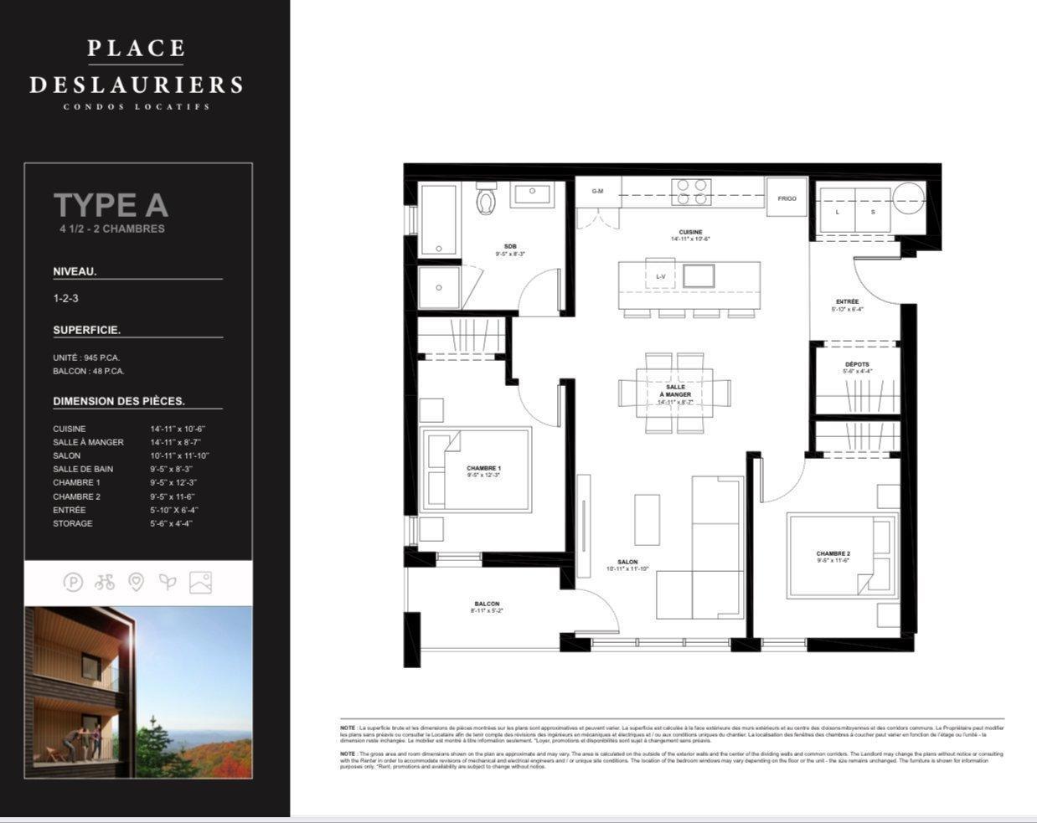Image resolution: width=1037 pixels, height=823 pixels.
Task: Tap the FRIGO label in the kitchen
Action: pos(787,198)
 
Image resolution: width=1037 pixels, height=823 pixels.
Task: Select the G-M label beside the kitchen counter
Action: pos(597,191)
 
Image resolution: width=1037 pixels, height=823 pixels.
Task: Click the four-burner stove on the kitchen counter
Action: pos(694,192)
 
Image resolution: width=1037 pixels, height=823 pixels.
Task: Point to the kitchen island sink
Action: pos(699,275)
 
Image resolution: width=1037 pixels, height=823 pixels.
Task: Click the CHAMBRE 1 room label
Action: pos(484,468)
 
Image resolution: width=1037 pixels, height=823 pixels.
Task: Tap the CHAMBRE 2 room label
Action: pos(833,553)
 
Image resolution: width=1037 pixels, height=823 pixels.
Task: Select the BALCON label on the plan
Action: pos(487,604)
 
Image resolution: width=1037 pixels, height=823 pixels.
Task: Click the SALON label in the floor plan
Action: pos(627,563)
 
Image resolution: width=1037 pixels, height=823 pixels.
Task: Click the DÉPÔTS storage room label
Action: pos(857,364)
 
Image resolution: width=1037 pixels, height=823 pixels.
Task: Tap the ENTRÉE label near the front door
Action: pos(847,301)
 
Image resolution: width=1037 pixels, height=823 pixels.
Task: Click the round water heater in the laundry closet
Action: pos(908,198)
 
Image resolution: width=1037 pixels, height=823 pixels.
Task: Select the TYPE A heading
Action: pos(111,205)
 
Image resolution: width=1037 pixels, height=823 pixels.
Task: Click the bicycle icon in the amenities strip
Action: pos(105,581)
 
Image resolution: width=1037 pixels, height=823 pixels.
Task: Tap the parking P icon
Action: pos(74,581)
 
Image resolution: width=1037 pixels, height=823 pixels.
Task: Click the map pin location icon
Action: pos(136,581)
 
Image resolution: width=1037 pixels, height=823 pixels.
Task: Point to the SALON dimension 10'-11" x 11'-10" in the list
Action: pos(179,455)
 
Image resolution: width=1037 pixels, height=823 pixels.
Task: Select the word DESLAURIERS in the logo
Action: pos(137,85)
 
